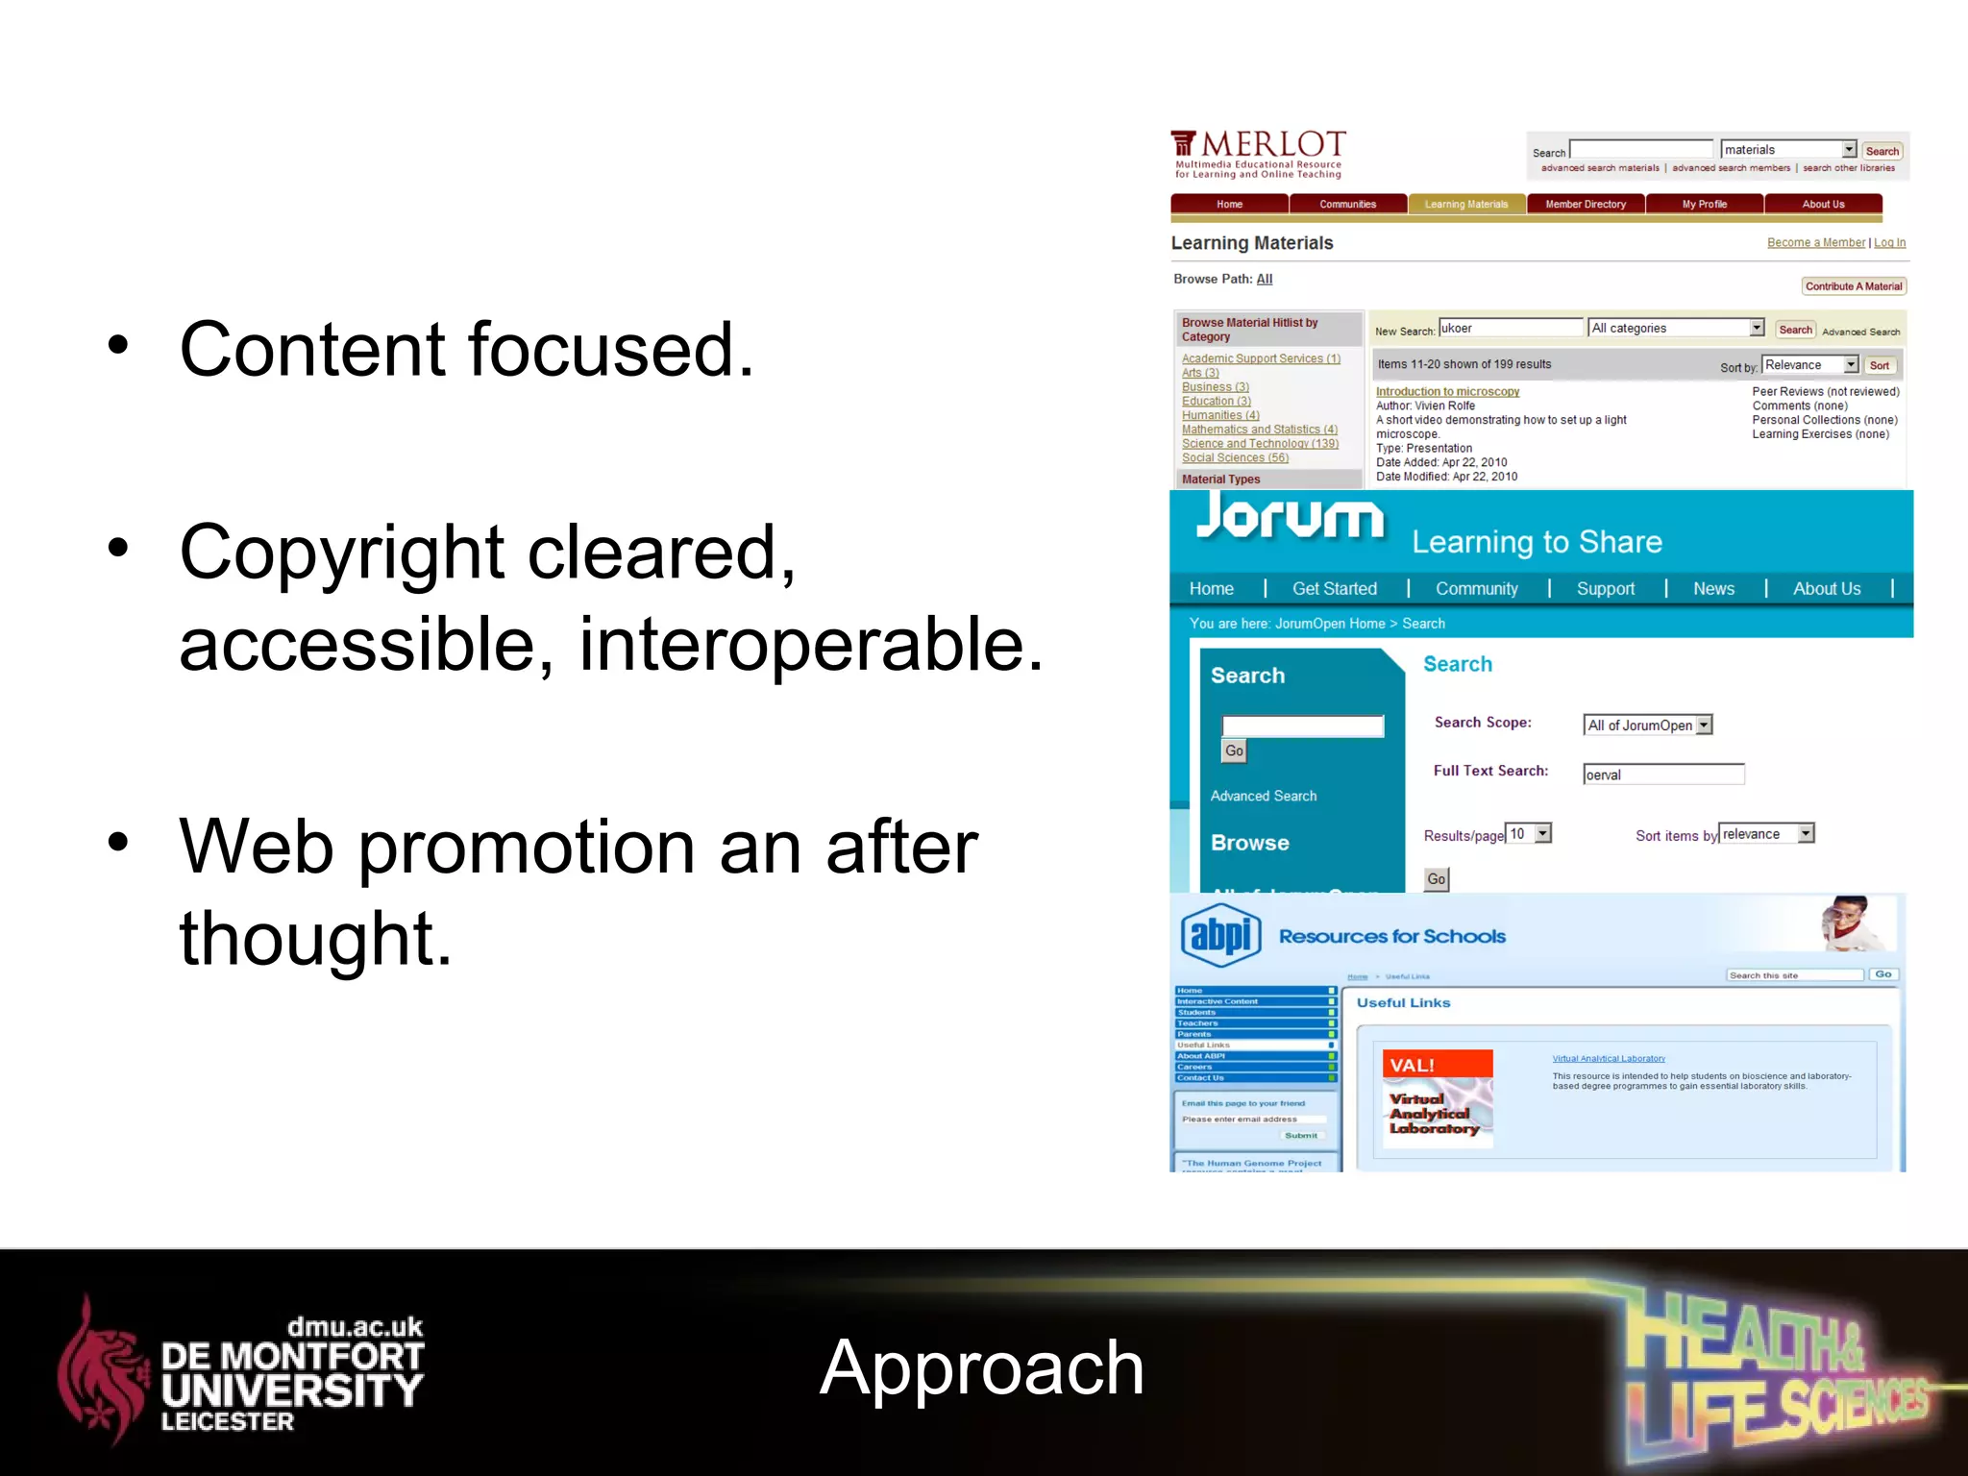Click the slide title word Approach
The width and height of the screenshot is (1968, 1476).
981,1367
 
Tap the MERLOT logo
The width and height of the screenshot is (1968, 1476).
1258,153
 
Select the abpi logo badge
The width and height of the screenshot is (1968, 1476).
1220,934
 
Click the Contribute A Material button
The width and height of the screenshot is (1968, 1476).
1853,286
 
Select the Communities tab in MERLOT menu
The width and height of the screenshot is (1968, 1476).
1347,204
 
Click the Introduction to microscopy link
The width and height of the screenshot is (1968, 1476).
1447,392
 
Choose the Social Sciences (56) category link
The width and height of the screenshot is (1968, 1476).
1235,458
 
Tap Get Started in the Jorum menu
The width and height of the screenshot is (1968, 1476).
1334,589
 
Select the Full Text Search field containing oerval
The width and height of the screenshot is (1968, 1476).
1663,775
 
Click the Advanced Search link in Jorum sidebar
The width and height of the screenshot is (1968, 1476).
1263,796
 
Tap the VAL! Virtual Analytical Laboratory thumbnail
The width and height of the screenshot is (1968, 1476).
1436,1098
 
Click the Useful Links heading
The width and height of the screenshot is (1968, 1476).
1403,1003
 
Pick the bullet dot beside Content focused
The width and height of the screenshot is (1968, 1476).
117,346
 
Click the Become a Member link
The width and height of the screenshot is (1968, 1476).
1815,243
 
